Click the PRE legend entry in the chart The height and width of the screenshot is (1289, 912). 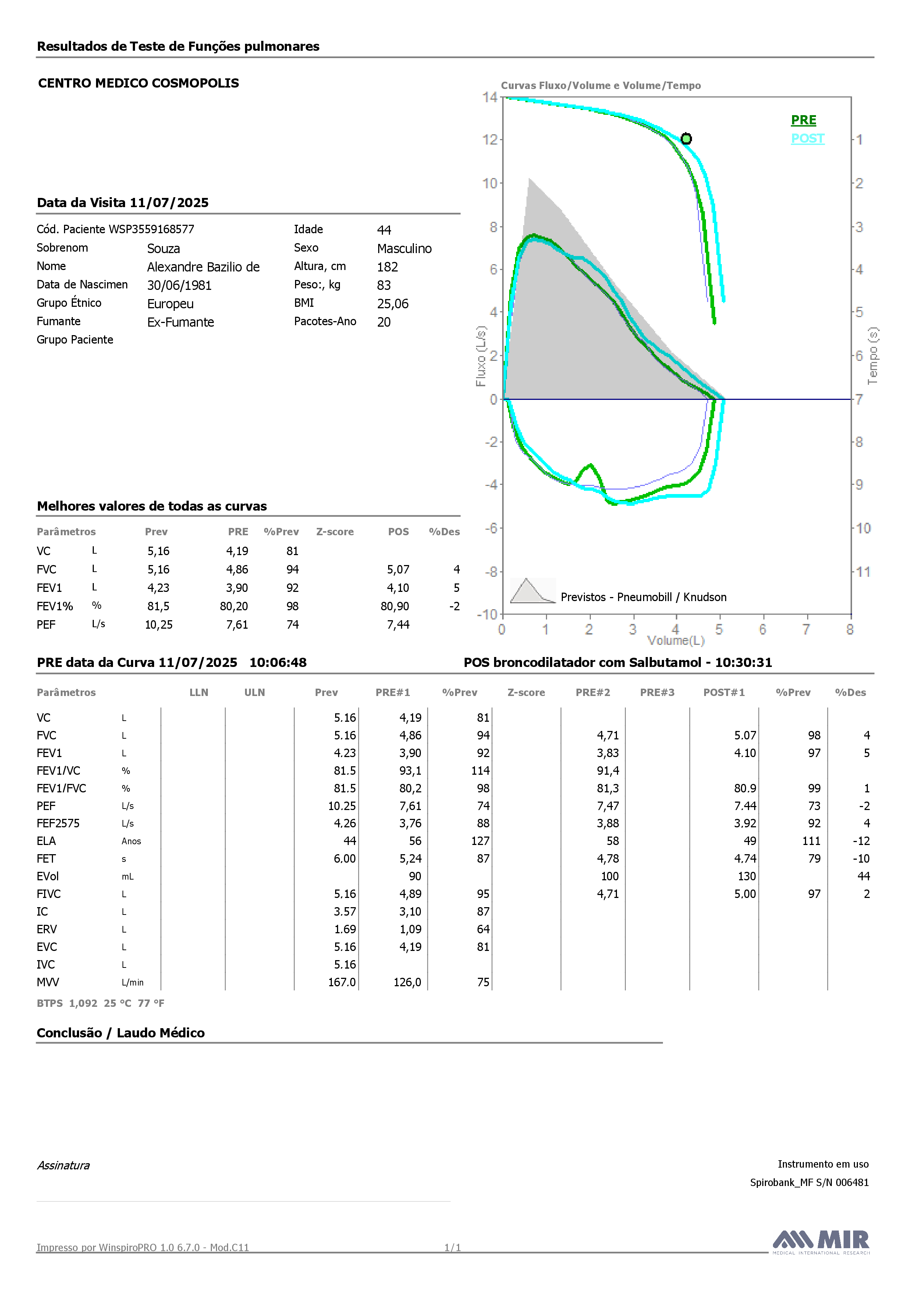(x=803, y=120)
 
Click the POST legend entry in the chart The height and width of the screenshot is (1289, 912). (x=808, y=139)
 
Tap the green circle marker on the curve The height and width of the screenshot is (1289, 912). (x=686, y=139)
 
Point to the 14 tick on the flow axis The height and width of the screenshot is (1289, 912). (x=490, y=97)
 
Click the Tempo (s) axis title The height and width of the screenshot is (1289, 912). (x=873, y=356)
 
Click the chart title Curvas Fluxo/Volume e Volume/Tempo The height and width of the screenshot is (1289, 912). (x=601, y=85)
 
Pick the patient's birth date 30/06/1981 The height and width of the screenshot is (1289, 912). (x=179, y=285)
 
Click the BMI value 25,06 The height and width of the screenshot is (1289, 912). (x=393, y=304)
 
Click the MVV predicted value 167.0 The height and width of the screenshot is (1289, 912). (x=342, y=982)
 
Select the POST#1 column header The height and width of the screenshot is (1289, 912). (x=724, y=692)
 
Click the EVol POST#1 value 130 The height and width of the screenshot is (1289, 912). (x=747, y=876)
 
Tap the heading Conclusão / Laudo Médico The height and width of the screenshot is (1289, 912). (x=121, y=1033)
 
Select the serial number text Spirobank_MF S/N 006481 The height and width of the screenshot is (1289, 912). (x=809, y=1182)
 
